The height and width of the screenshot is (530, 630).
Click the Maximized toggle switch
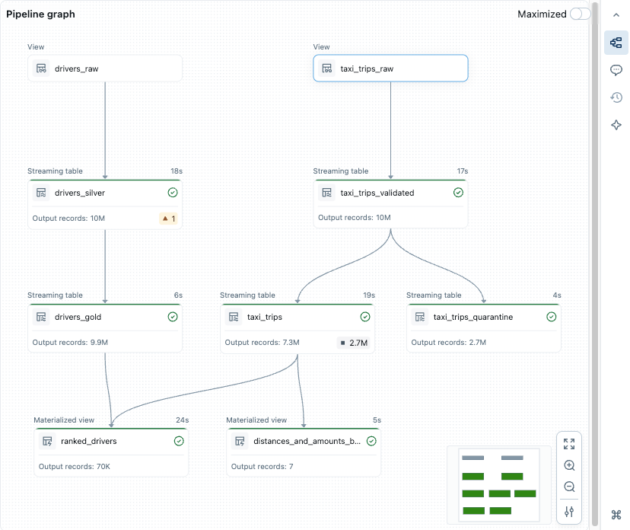click(x=580, y=14)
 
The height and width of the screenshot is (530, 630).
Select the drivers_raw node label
click(x=76, y=69)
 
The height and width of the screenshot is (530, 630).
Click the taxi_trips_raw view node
click(x=390, y=69)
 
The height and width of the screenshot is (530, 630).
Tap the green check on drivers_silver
click(x=173, y=193)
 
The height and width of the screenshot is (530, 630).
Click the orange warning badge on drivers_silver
click(x=168, y=219)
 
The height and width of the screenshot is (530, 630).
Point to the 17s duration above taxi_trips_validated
click(x=462, y=171)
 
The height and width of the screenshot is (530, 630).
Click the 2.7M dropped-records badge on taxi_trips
click(x=354, y=343)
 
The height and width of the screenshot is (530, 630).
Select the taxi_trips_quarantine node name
click(x=473, y=317)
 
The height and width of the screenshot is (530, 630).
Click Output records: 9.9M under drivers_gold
click(x=70, y=343)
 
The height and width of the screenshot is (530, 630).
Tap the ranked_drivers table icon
click(x=47, y=441)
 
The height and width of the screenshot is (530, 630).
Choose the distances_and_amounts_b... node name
click(x=307, y=441)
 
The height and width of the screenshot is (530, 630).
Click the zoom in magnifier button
click(x=569, y=465)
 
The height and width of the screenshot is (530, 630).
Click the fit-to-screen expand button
click(x=569, y=444)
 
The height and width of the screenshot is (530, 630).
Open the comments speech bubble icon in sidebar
click(x=616, y=70)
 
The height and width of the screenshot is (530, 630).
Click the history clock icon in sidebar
click(x=616, y=97)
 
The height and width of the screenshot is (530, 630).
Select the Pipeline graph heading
click(x=40, y=14)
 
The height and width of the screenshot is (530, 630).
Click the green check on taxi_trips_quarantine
click(x=552, y=317)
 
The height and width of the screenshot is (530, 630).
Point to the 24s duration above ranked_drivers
click(x=181, y=420)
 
